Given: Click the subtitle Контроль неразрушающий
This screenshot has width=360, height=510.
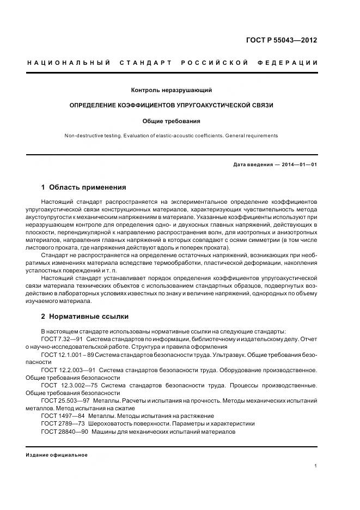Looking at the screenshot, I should click(171, 90).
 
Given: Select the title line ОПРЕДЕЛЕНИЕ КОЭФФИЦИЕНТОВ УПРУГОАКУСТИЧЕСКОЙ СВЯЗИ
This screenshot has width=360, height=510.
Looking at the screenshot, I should click(172, 105).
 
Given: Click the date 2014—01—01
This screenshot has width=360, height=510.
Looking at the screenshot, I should click(299, 165).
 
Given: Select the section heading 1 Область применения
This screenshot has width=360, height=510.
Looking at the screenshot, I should click(84, 187).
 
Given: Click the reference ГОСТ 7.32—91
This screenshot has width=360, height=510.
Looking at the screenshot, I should click(60, 339).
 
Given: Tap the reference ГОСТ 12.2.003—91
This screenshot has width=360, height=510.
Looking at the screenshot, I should click(68, 370).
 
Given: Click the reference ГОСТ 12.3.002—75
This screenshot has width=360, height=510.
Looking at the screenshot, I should click(68, 385).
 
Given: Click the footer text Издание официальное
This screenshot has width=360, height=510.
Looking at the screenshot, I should click(57, 455).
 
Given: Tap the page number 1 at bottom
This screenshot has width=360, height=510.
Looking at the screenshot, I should click(316, 466).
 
